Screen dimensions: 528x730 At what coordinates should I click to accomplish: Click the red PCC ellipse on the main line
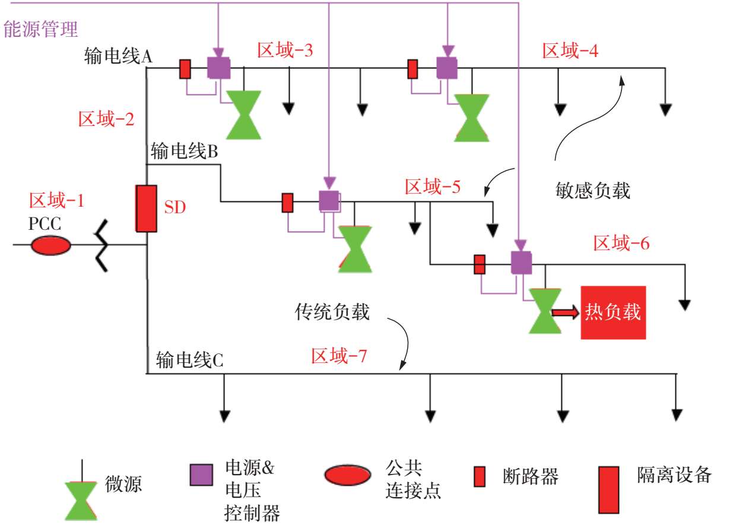[x=50, y=245]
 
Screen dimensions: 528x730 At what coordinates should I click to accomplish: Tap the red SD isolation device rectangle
[x=146, y=208]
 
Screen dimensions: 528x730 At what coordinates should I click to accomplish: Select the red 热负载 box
[x=613, y=312]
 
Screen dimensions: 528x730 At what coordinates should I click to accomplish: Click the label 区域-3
[x=285, y=50]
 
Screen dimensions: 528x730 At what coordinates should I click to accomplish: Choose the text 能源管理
[x=41, y=29]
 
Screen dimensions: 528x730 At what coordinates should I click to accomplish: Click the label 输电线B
[x=185, y=151]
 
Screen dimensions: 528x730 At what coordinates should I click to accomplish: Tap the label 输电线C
[x=190, y=360]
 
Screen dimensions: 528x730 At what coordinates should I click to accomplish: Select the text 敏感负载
[x=589, y=191]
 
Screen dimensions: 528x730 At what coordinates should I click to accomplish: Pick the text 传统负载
[x=332, y=312]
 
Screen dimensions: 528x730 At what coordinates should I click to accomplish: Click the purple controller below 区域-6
[x=521, y=262]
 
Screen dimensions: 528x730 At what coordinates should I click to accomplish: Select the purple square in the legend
[x=201, y=475]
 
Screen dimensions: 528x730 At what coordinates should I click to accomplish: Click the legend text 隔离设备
[x=674, y=475]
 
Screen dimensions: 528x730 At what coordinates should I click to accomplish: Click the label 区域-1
[x=56, y=201]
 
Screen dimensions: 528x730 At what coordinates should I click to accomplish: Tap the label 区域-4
[x=570, y=51]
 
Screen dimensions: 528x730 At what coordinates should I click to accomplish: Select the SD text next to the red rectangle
[x=175, y=208]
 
